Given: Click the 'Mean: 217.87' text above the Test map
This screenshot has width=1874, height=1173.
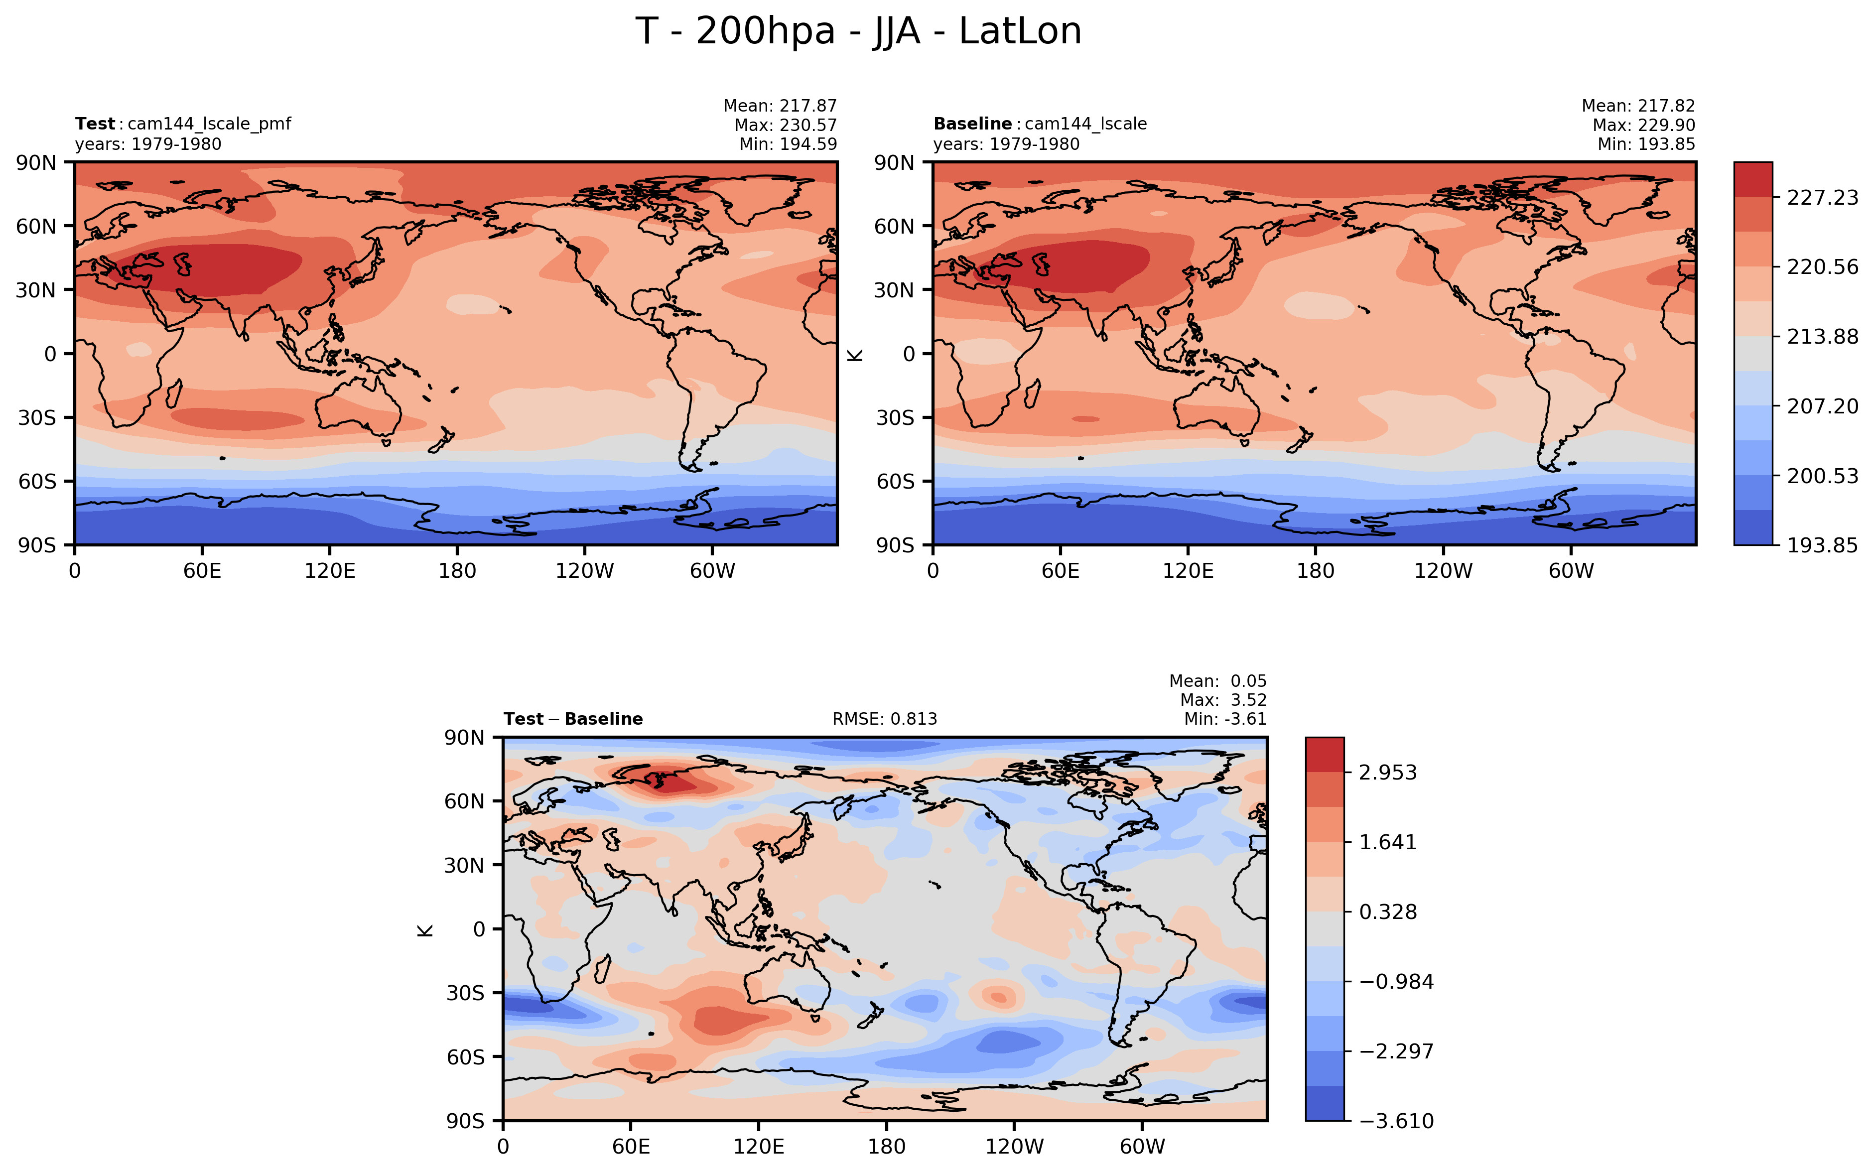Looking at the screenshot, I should pos(780,106).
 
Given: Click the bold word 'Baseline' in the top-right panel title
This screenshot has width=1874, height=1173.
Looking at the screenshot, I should pos(972,124).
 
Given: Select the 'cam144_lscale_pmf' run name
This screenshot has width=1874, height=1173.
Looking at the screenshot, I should pos(209,124).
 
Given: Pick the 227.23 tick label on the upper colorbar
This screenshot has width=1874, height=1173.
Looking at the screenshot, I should pos(1822,198).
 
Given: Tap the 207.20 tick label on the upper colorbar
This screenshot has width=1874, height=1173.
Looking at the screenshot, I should pos(1822,406).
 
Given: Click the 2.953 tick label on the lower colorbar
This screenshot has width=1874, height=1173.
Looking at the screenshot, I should pos(1388,773).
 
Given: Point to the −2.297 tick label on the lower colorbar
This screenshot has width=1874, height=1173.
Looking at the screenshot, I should pos(1396,1051).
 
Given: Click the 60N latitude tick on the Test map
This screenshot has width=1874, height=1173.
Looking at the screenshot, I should pos(36,227).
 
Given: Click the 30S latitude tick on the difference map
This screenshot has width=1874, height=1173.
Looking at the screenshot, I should pos(465,994).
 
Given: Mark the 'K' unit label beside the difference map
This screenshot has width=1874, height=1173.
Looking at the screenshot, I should pos(425,930).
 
